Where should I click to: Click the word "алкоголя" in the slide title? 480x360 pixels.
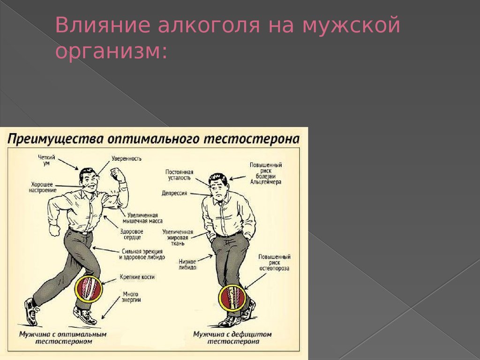[209, 25]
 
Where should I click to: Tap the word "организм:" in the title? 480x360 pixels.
[112, 51]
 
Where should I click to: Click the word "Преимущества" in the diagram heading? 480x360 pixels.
[55, 139]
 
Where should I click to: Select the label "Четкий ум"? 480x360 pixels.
[46, 160]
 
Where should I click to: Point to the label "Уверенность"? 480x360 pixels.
[127, 158]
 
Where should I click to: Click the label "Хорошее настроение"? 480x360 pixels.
[42, 187]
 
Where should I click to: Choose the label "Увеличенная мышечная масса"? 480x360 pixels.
[142, 218]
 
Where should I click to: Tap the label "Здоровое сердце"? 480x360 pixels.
[132, 234]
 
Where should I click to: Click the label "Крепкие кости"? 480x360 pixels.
[137, 277]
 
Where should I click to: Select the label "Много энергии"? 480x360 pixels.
[131, 297]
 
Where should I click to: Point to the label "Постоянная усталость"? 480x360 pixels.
[180, 175]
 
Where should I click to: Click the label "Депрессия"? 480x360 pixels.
[174, 193]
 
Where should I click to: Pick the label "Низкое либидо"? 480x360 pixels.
[187, 264]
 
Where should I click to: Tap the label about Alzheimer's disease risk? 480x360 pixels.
[266, 173]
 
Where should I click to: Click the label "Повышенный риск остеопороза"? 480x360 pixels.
[274, 262]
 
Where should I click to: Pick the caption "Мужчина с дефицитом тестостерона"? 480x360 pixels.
[232, 337]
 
